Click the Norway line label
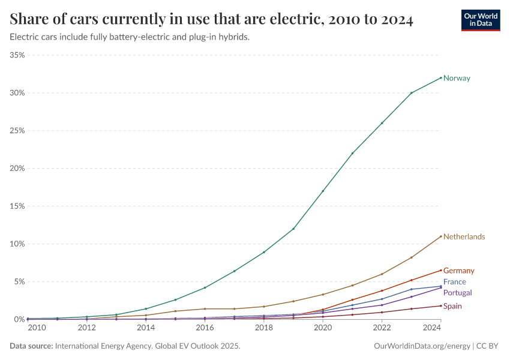pyautogui.click(x=457, y=78)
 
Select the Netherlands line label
pyautogui.click(x=464, y=236)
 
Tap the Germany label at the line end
pyautogui.click(x=458, y=271)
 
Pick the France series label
pyautogui.click(x=454, y=281)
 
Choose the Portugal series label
pyautogui.click(x=457, y=292)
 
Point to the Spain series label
pyautogui.click(x=452, y=306)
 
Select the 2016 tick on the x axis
pyautogui.click(x=205, y=328)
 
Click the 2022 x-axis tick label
pyautogui.click(x=382, y=328)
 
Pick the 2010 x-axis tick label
pyautogui.click(x=37, y=328)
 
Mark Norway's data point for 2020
pyautogui.click(x=323, y=191)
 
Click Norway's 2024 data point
pyautogui.click(x=441, y=77)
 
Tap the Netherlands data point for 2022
pyautogui.click(x=382, y=274)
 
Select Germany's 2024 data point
pyautogui.click(x=441, y=270)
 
